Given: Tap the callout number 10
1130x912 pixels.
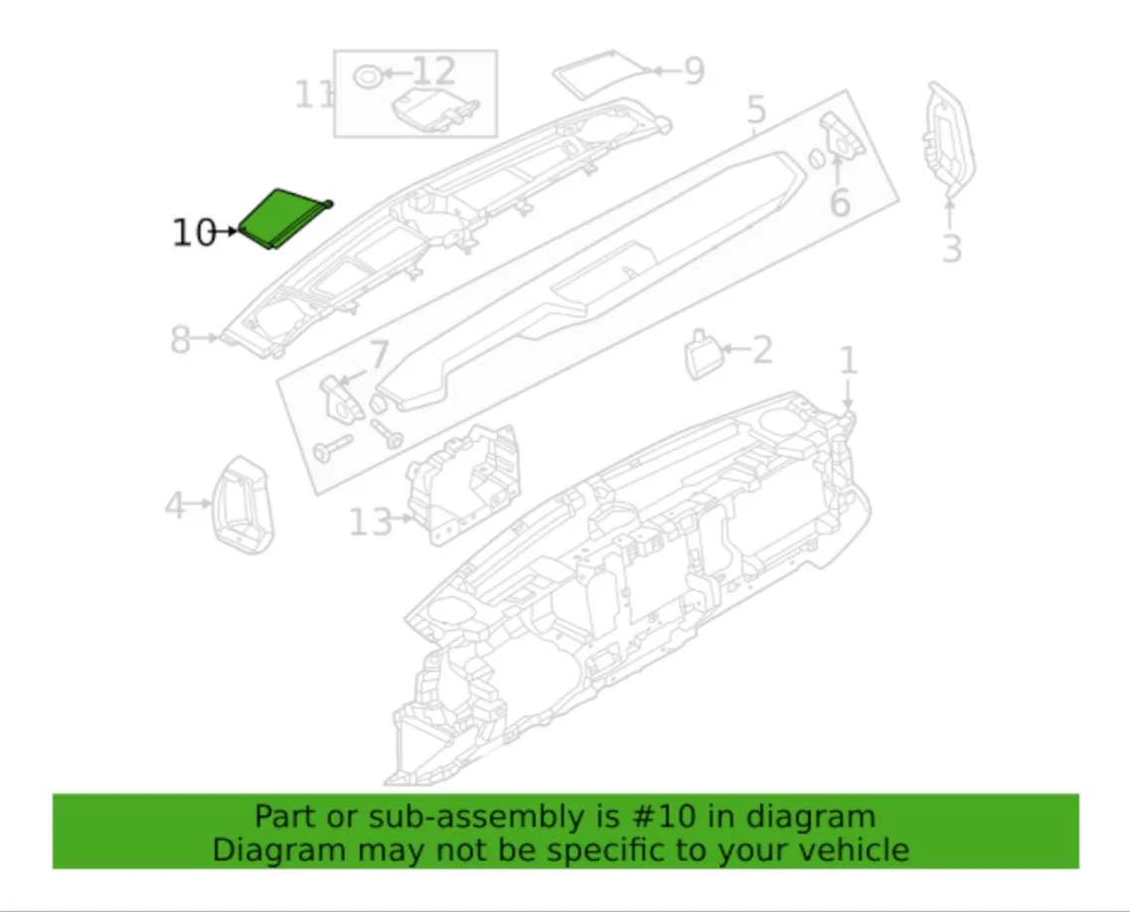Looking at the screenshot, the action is pos(194,232).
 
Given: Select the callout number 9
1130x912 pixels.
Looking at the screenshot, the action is pos(694,71).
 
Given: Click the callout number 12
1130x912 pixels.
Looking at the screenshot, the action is pos(434,72).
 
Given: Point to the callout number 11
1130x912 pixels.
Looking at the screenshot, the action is pos(314,95).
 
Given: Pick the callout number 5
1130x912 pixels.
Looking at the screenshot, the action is pos(755,110).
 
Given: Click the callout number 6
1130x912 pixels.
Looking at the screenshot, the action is pos(840,203).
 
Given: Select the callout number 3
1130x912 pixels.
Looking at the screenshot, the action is pos(952,248).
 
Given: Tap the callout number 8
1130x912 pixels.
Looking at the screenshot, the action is pos(180,340).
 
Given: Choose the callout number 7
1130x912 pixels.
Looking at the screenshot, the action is pos(379,355).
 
